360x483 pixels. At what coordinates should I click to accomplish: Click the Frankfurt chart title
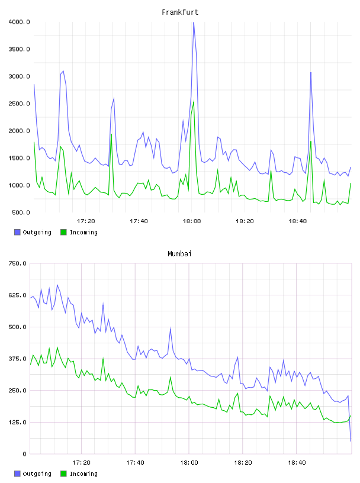click(180, 12)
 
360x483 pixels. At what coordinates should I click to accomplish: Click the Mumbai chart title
click(179, 254)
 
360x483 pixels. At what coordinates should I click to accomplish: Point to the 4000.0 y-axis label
click(19, 22)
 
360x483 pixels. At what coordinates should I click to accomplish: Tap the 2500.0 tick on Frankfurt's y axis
click(19, 104)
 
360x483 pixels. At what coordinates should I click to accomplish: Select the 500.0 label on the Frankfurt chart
click(21, 212)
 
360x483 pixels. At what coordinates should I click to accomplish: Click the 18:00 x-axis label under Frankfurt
click(192, 221)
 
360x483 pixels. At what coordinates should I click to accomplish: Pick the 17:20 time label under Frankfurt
click(86, 221)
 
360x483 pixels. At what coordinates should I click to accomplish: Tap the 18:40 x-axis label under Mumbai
click(297, 463)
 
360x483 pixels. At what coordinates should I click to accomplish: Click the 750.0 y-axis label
click(17, 263)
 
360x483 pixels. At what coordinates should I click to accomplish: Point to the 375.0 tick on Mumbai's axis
click(17, 359)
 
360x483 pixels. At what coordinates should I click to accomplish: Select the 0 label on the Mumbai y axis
click(24, 454)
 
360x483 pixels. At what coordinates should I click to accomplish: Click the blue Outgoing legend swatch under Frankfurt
click(17, 232)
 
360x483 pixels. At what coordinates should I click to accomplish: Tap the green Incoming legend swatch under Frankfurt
click(63, 232)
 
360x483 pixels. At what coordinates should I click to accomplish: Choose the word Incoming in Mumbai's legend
click(83, 474)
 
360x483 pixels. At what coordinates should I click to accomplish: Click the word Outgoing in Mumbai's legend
click(37, 474)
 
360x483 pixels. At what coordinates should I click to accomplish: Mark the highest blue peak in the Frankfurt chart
click(194, 22)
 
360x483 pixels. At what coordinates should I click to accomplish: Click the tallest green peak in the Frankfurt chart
click(194, 101)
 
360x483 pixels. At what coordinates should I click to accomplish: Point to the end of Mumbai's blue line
click(351, 441)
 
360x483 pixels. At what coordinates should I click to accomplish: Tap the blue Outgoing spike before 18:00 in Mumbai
click(171, 329)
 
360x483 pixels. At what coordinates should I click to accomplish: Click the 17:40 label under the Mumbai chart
click(135, 463)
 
